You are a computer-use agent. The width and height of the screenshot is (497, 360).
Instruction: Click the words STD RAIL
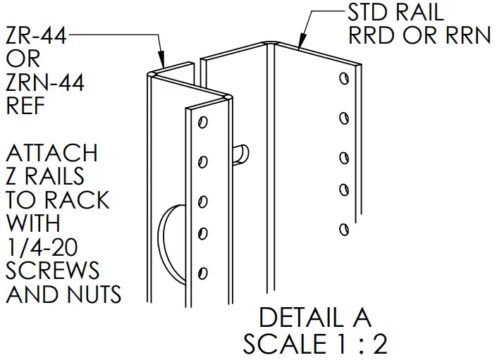[396, 12]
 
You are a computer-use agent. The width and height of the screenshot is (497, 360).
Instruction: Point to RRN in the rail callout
[463, 35]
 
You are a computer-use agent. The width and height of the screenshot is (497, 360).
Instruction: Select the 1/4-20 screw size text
[42, 247]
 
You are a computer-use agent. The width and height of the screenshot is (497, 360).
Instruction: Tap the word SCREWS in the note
[53, 271]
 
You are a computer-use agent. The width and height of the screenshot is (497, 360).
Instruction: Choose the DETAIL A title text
[314, 318]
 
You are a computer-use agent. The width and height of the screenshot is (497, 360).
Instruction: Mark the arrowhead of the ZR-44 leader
[161, 64]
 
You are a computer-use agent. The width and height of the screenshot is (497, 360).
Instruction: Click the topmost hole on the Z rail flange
[202, 123]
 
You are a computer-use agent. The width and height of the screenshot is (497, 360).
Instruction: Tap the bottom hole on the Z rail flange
[203, 272]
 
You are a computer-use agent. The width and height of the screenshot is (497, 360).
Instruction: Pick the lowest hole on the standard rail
[343, 229]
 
